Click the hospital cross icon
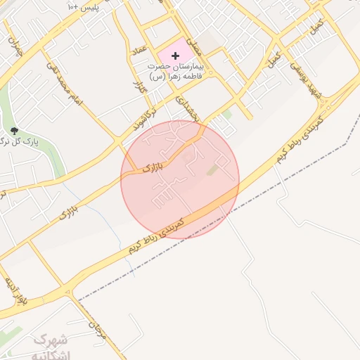point(175,55)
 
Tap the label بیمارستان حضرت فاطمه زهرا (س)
point(175,70)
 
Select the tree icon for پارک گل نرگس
point(14,131)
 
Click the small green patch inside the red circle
point(212,170)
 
